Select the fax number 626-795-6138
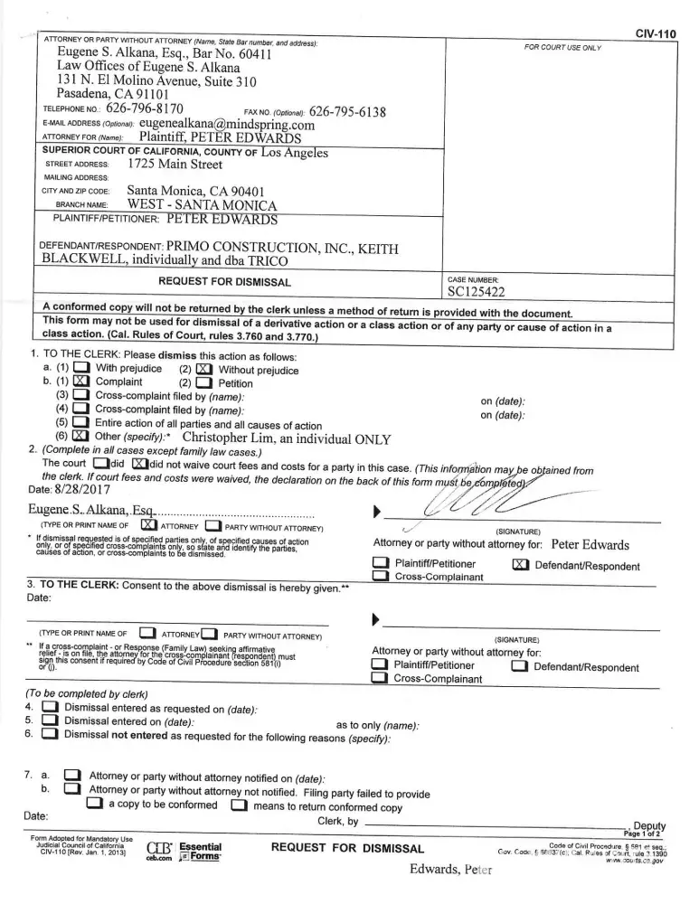tap(346, 112)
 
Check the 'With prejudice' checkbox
tap(80, 369)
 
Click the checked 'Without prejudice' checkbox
tap(203, 370)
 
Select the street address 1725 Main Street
tap(175, 164)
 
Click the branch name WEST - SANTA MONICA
tap(200, 205)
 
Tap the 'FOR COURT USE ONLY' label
tap(562, 47)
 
